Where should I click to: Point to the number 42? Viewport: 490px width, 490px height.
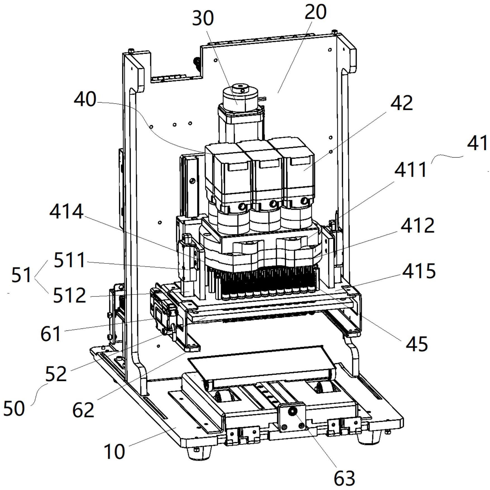[x=402, y=103]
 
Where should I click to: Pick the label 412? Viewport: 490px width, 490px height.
[x=418, y=225]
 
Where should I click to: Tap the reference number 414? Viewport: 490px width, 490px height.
[x=66, y=211]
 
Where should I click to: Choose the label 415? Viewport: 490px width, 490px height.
[x=419, y=270]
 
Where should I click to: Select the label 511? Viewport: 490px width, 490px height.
[x=70, y=260]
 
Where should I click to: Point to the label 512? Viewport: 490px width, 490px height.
[x=70, y=296]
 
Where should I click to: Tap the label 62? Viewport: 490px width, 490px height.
[x=83, y=410]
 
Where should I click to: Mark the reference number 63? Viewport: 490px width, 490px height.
[x=344, y=478]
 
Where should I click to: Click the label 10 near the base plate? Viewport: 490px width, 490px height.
[x=114, y=452]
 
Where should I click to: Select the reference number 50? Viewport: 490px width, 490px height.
[x=14, y=408]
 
